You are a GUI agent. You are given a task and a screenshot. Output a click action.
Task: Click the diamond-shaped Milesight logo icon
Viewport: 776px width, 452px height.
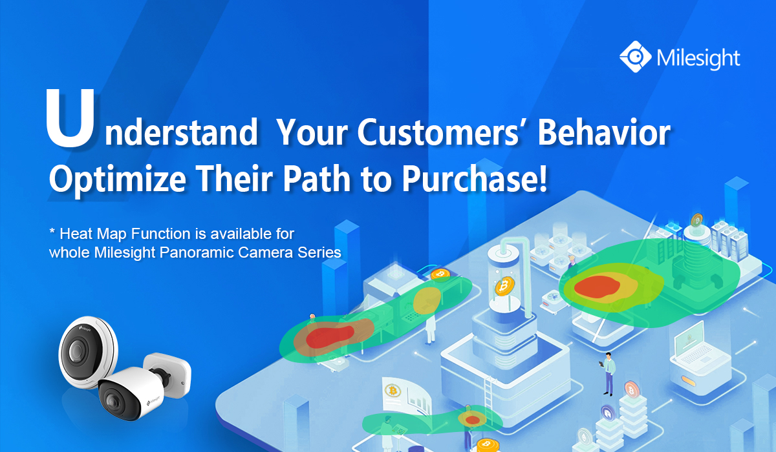point(635,57)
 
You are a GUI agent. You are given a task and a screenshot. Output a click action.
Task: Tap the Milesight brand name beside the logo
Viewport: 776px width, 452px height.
point(698,59)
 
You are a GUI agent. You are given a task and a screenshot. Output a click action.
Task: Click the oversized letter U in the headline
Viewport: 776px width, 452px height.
point(70,118)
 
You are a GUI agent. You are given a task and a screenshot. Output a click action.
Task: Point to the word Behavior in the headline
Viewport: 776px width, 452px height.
point(604,132)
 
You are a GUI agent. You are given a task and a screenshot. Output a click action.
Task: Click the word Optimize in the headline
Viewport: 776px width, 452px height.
point(118,180)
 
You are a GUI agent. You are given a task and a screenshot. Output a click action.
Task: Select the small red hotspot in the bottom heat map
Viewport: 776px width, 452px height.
point(472,420)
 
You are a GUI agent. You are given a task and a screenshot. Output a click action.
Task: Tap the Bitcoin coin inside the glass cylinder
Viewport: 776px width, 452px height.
point(504,285)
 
